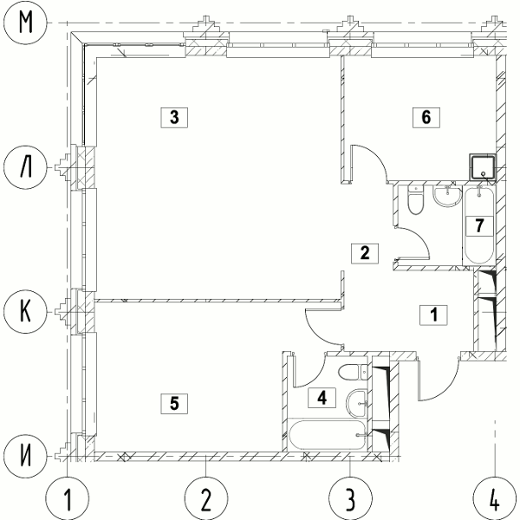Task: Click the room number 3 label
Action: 174,117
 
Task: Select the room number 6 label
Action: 426,117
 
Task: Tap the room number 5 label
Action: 174,404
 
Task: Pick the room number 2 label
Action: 365,254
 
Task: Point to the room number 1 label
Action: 434,315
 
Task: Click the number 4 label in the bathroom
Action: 322,398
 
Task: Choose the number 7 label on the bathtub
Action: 479,226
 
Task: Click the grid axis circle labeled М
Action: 25,23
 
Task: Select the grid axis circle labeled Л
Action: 25,168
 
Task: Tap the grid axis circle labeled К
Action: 25,312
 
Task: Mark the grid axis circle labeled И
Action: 25,457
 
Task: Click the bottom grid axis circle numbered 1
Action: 68,498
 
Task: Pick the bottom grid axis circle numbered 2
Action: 206,498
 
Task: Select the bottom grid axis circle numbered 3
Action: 350,498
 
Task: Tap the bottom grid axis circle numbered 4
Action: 495,498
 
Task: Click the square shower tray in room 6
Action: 483,166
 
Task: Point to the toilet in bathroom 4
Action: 353,372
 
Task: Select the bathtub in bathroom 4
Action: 328,435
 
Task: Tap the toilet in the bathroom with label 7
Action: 416,200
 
